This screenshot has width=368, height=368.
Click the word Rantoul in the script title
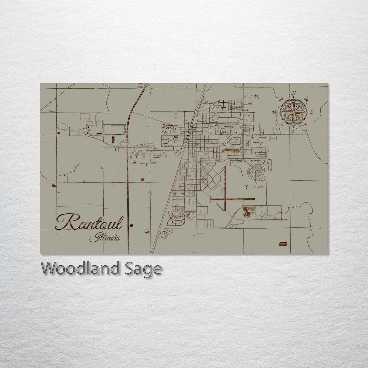pos(89,223)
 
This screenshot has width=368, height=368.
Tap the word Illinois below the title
pos(105,239)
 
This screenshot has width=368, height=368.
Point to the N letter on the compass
pos(294,93)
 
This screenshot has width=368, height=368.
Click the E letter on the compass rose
pos(311,112)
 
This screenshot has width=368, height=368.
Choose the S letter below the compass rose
pos(293,131)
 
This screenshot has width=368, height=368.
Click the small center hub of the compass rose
pos(293,112)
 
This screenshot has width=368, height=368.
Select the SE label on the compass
pos(306,124)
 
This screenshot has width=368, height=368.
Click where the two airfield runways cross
pos(225,199)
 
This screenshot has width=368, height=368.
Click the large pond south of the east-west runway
pos(247,211)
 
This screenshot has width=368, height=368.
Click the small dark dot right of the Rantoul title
pos(131,225)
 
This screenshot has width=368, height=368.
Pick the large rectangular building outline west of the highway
pos(115,129)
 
